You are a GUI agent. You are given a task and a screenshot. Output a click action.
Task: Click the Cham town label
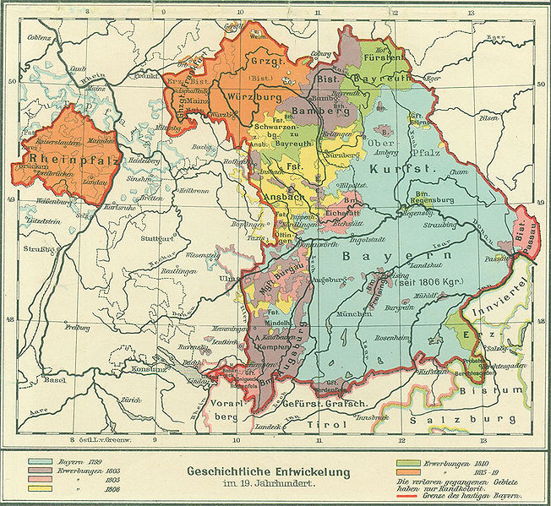457,172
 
